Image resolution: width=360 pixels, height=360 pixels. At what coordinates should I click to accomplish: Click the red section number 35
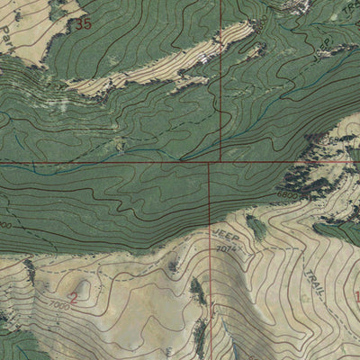[85, 23]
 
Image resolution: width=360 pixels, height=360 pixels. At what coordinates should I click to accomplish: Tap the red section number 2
[73, 301]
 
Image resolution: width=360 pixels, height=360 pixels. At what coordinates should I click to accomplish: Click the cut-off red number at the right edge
[356, 297]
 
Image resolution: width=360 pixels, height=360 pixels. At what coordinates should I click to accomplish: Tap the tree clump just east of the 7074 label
[256, 229]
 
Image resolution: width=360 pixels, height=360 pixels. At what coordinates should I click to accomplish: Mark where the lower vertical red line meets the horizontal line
[210, 163]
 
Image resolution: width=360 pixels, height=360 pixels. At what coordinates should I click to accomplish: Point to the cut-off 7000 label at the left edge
[4, 223]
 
